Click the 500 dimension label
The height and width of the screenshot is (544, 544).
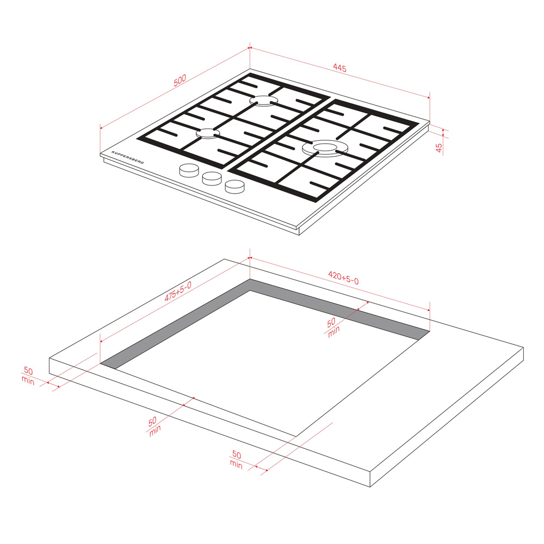180,80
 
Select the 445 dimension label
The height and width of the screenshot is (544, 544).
339,67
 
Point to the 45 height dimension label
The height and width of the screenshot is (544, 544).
439,148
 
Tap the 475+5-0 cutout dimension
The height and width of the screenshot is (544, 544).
178,292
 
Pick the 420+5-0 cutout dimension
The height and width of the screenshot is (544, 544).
343,278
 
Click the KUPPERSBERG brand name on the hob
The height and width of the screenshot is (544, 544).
128,158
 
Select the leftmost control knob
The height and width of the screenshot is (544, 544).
189,170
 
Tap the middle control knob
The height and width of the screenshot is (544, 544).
212,178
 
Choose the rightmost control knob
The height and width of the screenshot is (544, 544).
234,187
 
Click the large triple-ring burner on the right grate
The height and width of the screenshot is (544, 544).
321,148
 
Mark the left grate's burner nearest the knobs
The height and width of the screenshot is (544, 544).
208,133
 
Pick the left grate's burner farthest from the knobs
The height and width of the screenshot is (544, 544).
264,101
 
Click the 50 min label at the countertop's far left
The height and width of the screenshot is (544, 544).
28,376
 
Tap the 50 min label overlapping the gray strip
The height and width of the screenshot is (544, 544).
333,327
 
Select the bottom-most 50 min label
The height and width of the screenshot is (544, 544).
236,460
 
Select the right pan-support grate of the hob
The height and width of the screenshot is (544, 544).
323,151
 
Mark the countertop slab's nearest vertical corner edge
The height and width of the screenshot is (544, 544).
370,479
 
